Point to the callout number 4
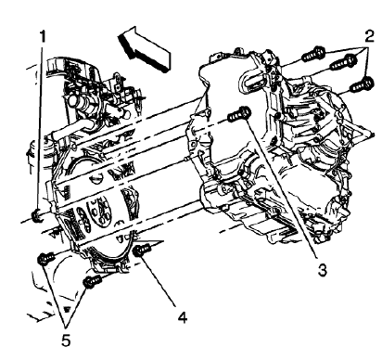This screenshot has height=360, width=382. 183,316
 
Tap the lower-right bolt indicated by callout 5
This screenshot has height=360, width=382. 90,281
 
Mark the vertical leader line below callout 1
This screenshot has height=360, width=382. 38,121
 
